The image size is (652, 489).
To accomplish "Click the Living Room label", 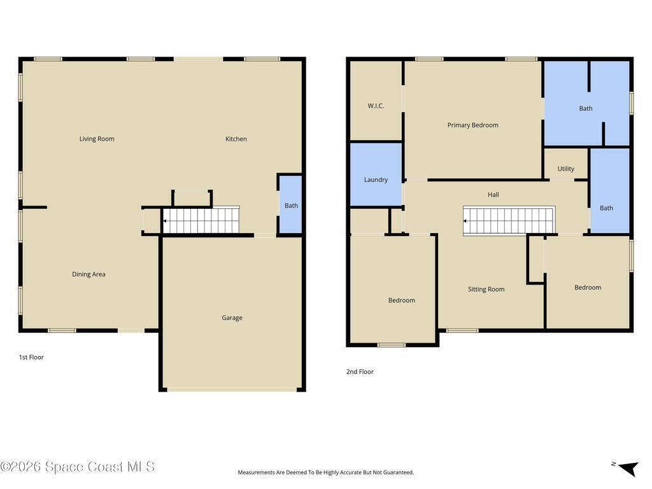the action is tap(97, 139).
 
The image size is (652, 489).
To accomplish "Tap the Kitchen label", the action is tap(236, 139).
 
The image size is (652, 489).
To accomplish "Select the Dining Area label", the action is tap(89, 274).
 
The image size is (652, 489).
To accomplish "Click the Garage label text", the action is tap(232, 318).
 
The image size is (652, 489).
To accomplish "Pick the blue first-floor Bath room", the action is tap(290, 204).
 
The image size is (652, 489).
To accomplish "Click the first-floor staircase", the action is tap(201, 220).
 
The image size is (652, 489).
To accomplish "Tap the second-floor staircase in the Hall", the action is tap(509, 221).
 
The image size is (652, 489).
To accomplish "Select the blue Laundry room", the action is tap(376, 174).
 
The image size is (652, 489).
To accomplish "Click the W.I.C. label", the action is tap(376, 106).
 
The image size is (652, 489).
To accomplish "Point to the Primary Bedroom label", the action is tap(473, 125).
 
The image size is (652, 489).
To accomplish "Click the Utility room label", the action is tap(566, 169).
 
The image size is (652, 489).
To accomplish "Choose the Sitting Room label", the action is tap(486, 290).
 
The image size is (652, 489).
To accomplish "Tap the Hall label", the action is tap(493, 195).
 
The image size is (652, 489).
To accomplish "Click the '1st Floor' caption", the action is tap(31, 357).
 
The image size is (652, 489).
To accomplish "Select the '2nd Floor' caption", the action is tap(360, 372).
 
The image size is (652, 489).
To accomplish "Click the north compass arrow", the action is tap(628, 468).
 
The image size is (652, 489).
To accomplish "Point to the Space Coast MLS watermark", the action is tap(78, 467).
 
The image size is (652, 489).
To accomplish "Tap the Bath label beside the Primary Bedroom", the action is tap(586, 108).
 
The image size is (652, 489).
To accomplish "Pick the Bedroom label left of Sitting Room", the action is tap(402, 301).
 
